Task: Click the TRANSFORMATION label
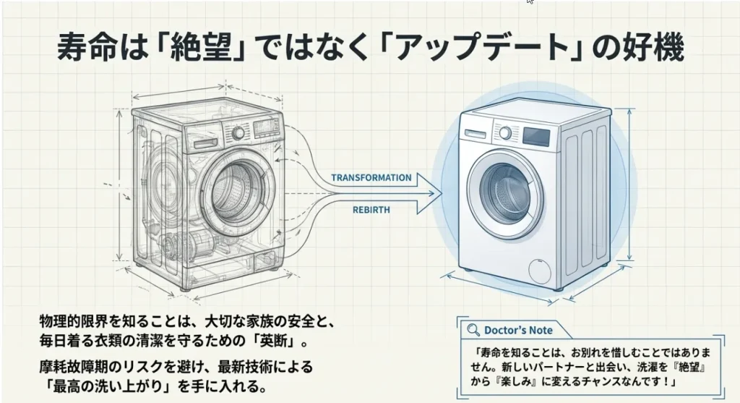(371, 177)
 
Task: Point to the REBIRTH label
(371, 210)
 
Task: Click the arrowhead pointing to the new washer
(431, 193)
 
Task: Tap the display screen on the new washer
(535, 136)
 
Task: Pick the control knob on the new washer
(506, 133)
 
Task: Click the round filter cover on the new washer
(540, 272)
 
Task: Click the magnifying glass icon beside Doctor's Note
(474, 330)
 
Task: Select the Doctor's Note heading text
(518, 330)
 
